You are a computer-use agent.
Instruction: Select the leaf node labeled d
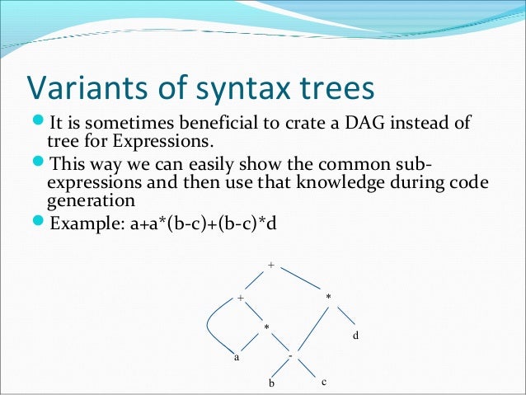355,336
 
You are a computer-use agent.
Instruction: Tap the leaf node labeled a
236,358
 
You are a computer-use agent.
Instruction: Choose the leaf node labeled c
324,383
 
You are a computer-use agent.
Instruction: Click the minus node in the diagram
291,355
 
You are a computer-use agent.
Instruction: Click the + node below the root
240,297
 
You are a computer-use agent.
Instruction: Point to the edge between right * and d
344,314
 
